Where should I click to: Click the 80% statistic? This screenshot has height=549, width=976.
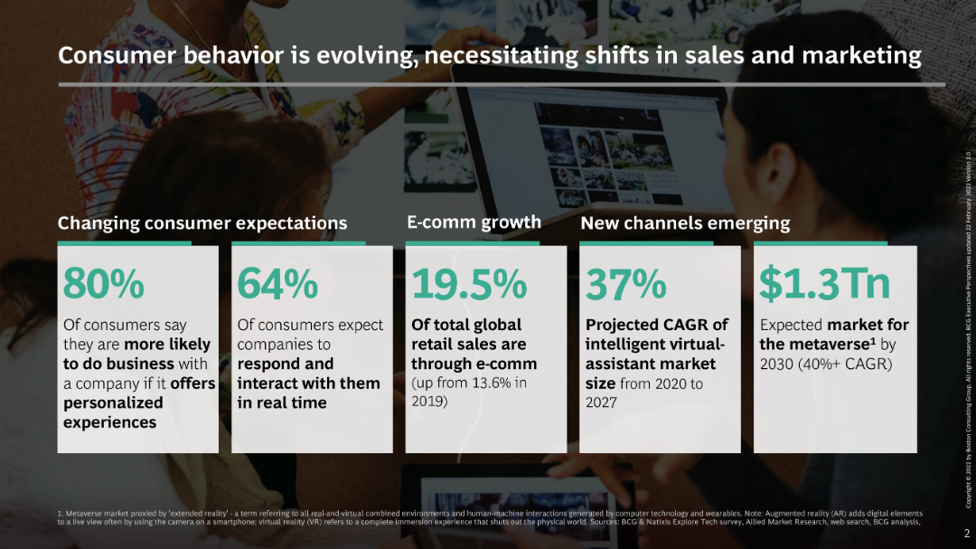point(103,284)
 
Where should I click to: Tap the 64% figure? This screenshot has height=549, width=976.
point(277,284)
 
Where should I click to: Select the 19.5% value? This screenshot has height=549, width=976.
point(469,284)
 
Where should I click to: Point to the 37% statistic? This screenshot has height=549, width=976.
point(626,284)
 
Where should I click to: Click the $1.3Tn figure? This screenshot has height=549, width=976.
point(824,284)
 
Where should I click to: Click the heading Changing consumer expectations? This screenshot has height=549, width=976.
point(202,222)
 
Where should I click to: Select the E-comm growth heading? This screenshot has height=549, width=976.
point(474,222)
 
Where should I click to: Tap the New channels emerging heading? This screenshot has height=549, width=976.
point(684,222)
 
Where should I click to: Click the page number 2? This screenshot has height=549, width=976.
point(966,535)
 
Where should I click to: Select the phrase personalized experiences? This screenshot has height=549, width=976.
point(113,412)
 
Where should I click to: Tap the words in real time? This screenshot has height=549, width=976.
point(282,402)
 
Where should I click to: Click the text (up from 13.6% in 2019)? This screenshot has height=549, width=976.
point(469,392)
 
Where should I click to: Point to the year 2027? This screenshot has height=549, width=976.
point(601,402)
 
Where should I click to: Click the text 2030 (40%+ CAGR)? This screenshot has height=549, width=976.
point(825,364)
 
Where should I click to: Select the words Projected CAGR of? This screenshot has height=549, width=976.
point(656,325)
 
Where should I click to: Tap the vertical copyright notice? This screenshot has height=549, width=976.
point(968,317)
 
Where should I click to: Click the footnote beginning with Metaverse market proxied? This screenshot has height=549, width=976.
point(488,517)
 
